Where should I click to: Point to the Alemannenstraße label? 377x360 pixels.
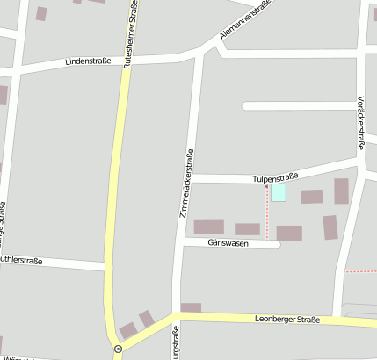click(244, 20)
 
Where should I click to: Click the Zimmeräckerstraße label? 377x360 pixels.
click(186, 184)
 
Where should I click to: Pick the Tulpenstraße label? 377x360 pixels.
click(282, 176)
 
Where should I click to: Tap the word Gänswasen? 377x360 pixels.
click(228, 242)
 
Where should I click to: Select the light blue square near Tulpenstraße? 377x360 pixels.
click(278, 193)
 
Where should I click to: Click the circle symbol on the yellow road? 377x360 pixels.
click(118, 349)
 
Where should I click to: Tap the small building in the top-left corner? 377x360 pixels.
click(41, 13)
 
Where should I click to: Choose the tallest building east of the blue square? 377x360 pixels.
click(341, 191)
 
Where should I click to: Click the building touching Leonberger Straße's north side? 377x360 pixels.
click(191, 307)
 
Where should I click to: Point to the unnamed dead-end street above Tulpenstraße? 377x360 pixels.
click(299, 106)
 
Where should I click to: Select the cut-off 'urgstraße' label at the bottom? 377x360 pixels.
click(176, 343)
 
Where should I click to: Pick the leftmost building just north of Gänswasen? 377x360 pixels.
click(209, 227)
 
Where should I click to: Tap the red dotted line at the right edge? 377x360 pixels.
click(360, 271)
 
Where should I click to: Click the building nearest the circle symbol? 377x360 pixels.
click(128, 331)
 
